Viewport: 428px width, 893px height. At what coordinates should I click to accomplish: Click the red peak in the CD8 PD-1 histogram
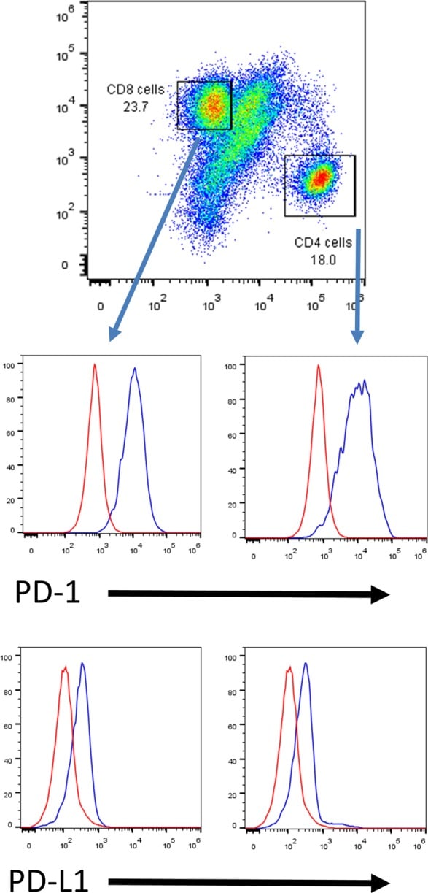tap(95, 365)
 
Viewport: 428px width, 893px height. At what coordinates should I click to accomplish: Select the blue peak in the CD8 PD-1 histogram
tap(135, 369)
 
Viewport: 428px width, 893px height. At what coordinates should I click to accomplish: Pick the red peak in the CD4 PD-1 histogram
tap(319, 366)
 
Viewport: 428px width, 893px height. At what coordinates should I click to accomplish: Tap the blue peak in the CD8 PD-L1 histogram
tap(83, 664)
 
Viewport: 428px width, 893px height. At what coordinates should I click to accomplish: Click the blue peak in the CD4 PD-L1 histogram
tap(306, 664)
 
